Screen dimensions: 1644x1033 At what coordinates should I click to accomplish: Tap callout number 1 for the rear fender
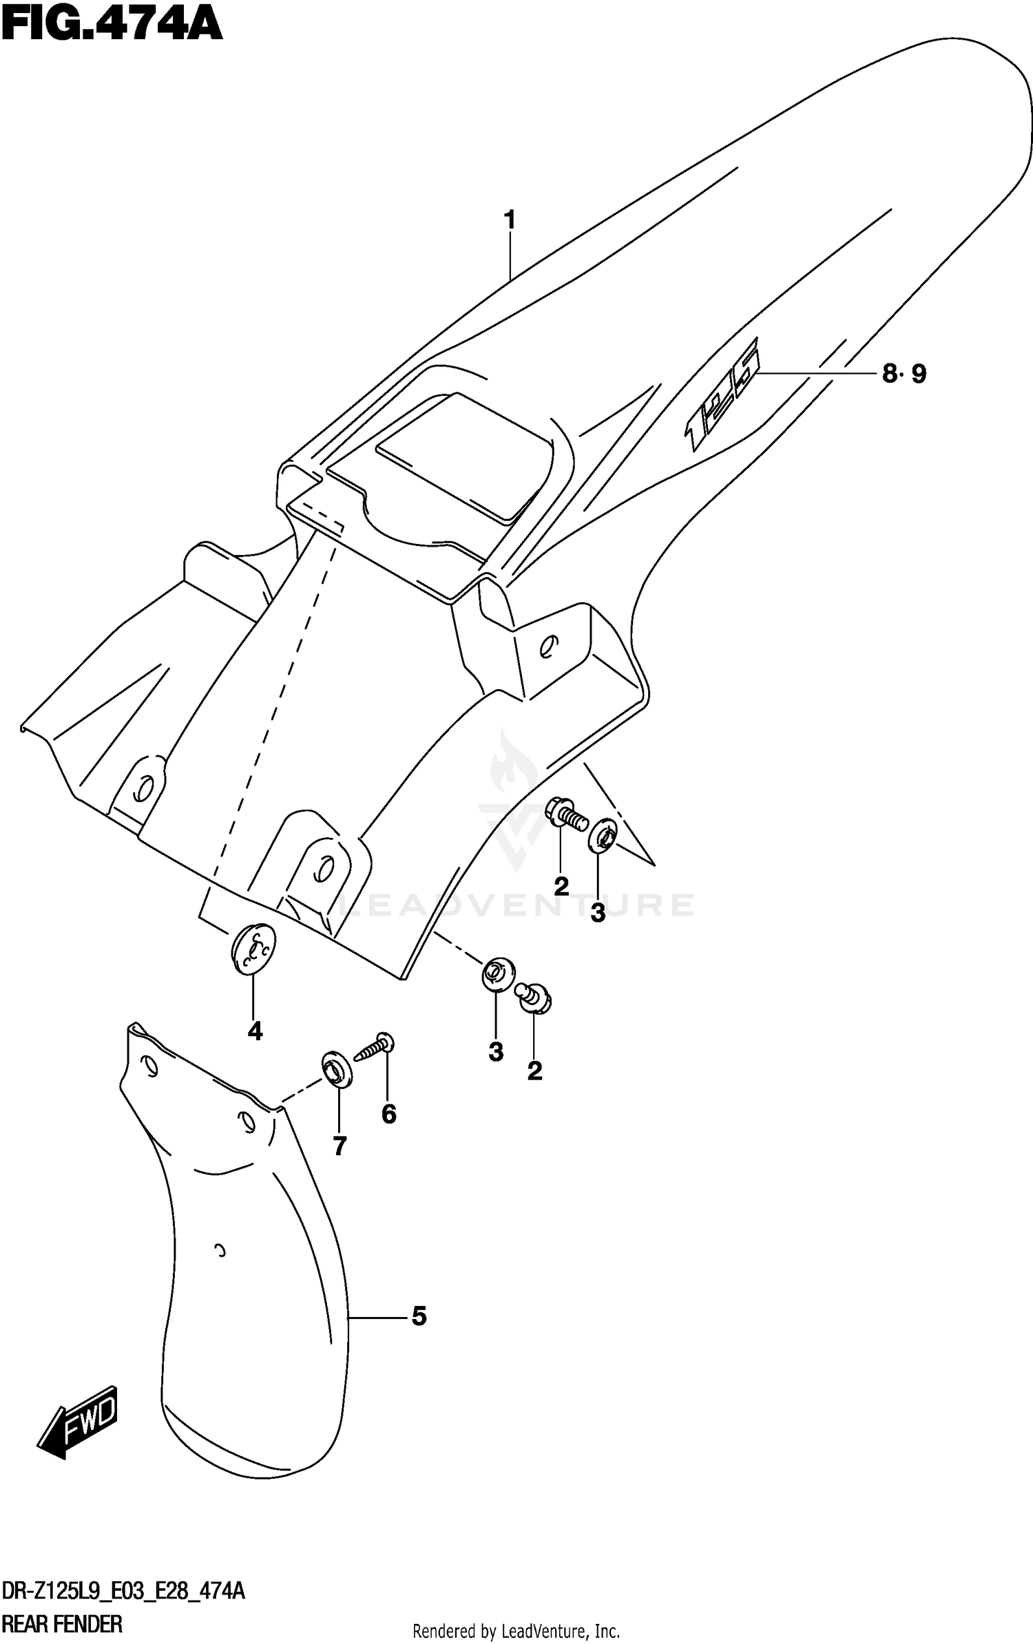tap(509, 220)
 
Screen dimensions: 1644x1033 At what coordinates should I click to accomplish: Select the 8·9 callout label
tap(904, 375)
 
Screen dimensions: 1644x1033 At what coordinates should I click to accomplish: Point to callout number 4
tap(255, 1031)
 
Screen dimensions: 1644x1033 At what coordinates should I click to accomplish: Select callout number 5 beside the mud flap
tap(419, 1316)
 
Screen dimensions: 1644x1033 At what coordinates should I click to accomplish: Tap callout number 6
tap(389, 1114)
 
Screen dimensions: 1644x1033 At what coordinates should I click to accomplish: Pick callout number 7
tap(340, 1146)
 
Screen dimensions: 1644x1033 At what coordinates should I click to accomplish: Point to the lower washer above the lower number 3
tap(496, 973)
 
